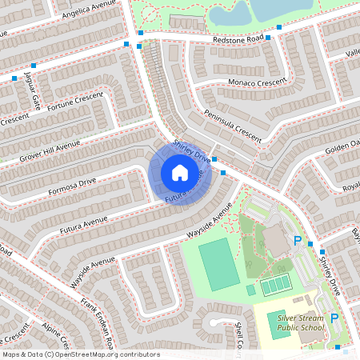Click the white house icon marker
point(180,173)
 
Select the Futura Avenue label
point(84,223)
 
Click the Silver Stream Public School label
point(301,322)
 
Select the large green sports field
point(218,265)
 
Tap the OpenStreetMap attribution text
point(81,354)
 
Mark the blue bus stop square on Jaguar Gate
point(34,66)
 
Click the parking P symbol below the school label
point(335,318)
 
